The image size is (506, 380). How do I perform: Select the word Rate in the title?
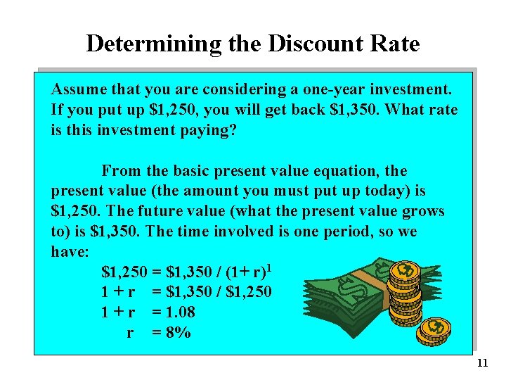coord(394,44)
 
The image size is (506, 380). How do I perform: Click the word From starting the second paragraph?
coord(120,171)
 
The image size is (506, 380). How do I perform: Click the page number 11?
coord(481,363)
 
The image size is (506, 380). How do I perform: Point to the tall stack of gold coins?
coord(405,296)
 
